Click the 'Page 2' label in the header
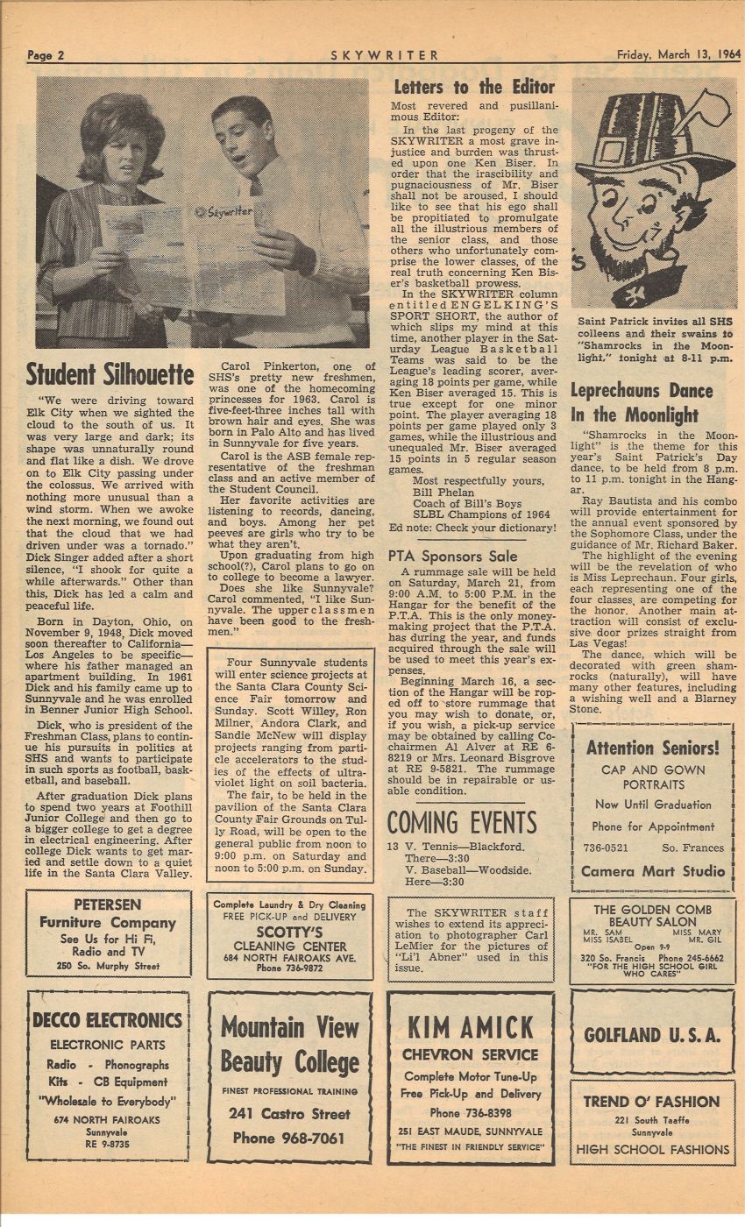(46, 54)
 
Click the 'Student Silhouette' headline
(110, 375)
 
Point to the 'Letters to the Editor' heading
(473, 87)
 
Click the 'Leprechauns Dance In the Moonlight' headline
(642, 402)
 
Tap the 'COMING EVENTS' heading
(462, 822)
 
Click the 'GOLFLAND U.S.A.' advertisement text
(652, 1034)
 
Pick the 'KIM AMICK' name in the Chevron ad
(471, 1026)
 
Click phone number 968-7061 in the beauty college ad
(288, 1138)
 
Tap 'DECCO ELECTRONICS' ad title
(107, 1020)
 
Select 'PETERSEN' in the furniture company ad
(108, 904)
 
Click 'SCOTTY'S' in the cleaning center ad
(289, 931)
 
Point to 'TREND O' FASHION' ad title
(652, 1102)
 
